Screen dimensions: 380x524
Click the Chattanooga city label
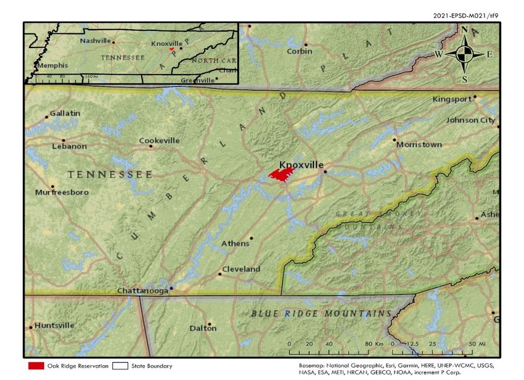tap(143, 291)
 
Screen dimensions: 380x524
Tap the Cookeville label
tap(159, 141)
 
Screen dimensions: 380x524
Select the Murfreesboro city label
tap(62, 192)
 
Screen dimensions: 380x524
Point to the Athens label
tap(235, 243)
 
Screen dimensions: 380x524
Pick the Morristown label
tap(419, 144)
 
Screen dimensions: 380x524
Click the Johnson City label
tap(470, 120)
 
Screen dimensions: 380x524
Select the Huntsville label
tap(54, 325)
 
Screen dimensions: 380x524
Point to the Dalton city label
tap(203, 328)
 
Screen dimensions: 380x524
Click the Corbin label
tap(300, 51)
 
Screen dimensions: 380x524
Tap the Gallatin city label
tap(65, 114)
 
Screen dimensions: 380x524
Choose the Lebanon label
tap(69, 146)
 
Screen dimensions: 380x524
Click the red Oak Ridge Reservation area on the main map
tap(281, 175)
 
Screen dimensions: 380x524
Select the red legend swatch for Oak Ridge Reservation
tap(36, 366)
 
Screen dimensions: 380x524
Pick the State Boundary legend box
tap(120, 366)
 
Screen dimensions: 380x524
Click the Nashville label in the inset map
tap(96, 41)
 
